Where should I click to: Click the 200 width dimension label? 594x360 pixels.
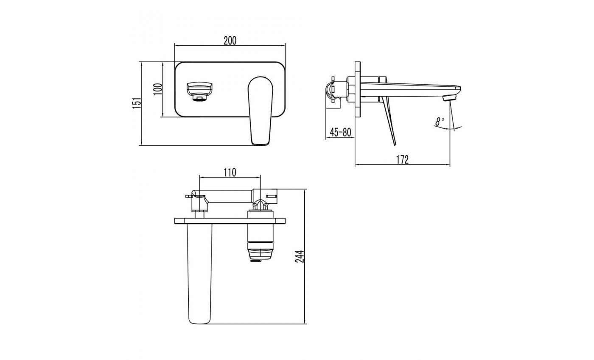pos(230,41)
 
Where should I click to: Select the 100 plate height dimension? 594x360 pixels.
pos(157,89)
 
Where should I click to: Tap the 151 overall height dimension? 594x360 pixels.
pos(136,103)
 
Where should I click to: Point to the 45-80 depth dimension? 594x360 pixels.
pos(340,132)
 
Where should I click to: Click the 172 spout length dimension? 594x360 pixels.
pos(402,159)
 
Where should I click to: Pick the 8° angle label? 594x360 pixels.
pos(440,121)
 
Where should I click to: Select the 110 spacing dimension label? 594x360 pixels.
pos(230,172)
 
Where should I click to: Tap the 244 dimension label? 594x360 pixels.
pos(300,257)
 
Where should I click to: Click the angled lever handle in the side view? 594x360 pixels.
pos(389,120)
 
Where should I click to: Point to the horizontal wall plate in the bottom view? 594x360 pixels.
pos(230,221)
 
